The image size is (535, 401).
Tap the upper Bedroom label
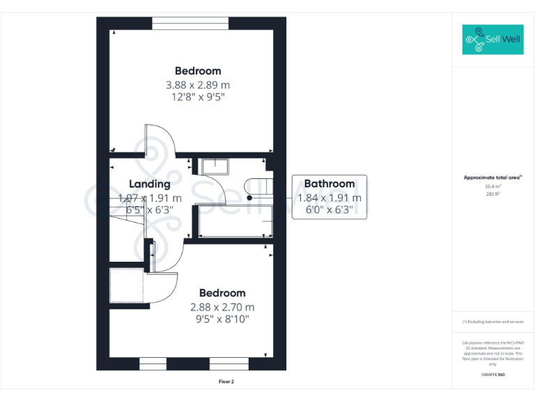point(198,71)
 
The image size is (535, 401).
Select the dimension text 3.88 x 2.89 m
point(198,85)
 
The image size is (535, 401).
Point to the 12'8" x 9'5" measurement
point(198,97)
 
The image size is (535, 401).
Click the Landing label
point(150,184)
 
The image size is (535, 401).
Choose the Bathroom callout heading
point(329,184)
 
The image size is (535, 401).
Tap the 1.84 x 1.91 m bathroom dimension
point(329,198)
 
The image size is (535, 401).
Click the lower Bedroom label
point(222,293)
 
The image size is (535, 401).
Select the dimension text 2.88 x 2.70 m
point(222,307)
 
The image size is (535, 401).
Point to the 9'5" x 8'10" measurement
point(222,320)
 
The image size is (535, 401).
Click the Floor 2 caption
point(226,382)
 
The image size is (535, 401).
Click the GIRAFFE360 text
point(493,375)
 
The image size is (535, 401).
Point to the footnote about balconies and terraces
point(493,322)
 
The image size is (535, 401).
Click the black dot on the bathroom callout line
point(249,198)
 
